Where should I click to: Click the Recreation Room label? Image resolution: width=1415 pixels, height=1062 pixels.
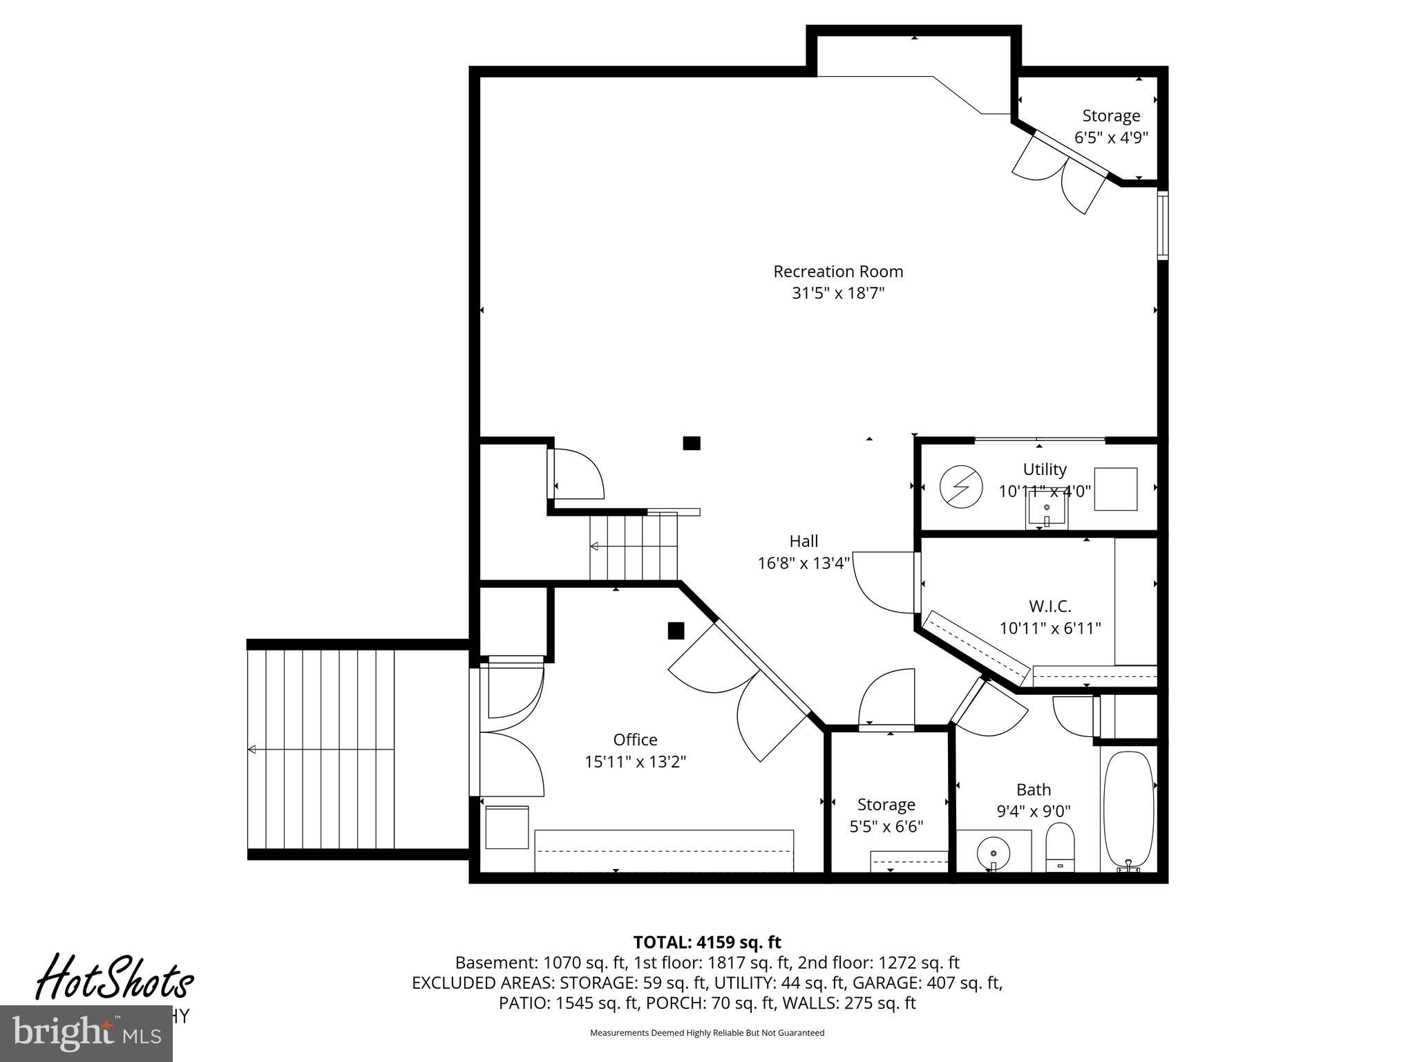pyautogui.click(x=837, y=272)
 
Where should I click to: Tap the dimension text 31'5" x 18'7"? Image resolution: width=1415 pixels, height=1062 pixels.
pyautogui.click(x=837, y=293)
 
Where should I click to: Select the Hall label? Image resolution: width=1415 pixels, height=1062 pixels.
pyautogui.click(x=804, y=541)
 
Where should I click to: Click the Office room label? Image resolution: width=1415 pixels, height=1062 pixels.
pyautogui.click(x=635, y=740)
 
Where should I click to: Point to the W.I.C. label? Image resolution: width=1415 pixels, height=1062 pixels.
pyautogui.click(x=1050, y=606)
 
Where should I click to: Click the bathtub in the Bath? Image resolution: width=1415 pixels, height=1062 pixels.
pyautogui.click(x=1128, y=810)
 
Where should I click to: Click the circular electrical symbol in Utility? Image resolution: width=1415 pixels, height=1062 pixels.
pyautogui.click(x=961, y=487)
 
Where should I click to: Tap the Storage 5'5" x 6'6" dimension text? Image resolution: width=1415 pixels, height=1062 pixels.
pyautogui.click(x=886, y=826)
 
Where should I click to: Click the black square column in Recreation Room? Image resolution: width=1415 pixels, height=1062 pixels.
pyautogui.click(x=692, y=443)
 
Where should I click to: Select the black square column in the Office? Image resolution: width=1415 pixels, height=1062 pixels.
pyautogui.click(x=676, y=631)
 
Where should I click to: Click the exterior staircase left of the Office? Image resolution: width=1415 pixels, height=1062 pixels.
pyautogui.click(x=321, y=749)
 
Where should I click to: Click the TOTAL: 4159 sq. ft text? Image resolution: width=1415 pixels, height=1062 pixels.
pyautogui.click(x=707, y=942)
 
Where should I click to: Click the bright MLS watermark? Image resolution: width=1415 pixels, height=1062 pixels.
pyautogui.click(x=86, y=1033)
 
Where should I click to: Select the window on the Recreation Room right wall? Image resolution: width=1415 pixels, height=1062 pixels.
pyautogui.click(x=1163, y=225)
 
